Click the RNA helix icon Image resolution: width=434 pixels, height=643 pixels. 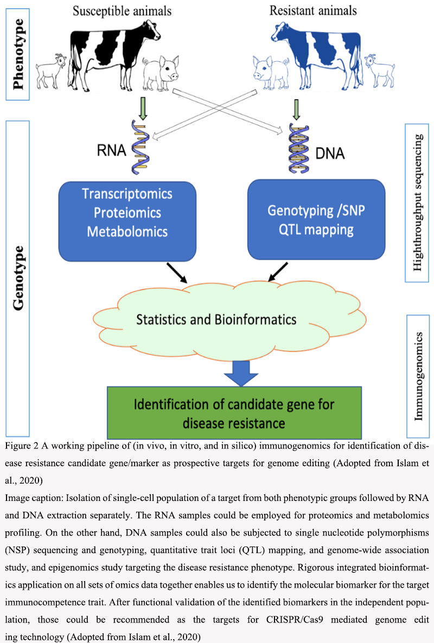138,147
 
